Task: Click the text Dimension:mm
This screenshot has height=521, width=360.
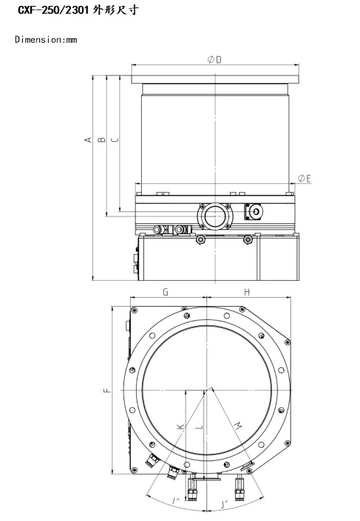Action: (46, 39)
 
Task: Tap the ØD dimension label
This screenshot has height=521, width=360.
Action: (213, 60)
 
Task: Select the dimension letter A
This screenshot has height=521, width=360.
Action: (87, 139)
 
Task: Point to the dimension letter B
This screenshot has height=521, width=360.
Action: (102, 139)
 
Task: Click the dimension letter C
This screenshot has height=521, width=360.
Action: (114, 139)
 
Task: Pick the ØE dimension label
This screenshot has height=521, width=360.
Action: (304, 178)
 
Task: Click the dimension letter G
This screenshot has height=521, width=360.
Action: (166, 293)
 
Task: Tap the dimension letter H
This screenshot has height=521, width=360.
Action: (247, 293)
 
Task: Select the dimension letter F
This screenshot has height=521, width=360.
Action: (106, 391)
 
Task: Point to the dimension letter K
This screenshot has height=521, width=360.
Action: (180, 426)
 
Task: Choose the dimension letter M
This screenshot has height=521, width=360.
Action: (238, 426)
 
